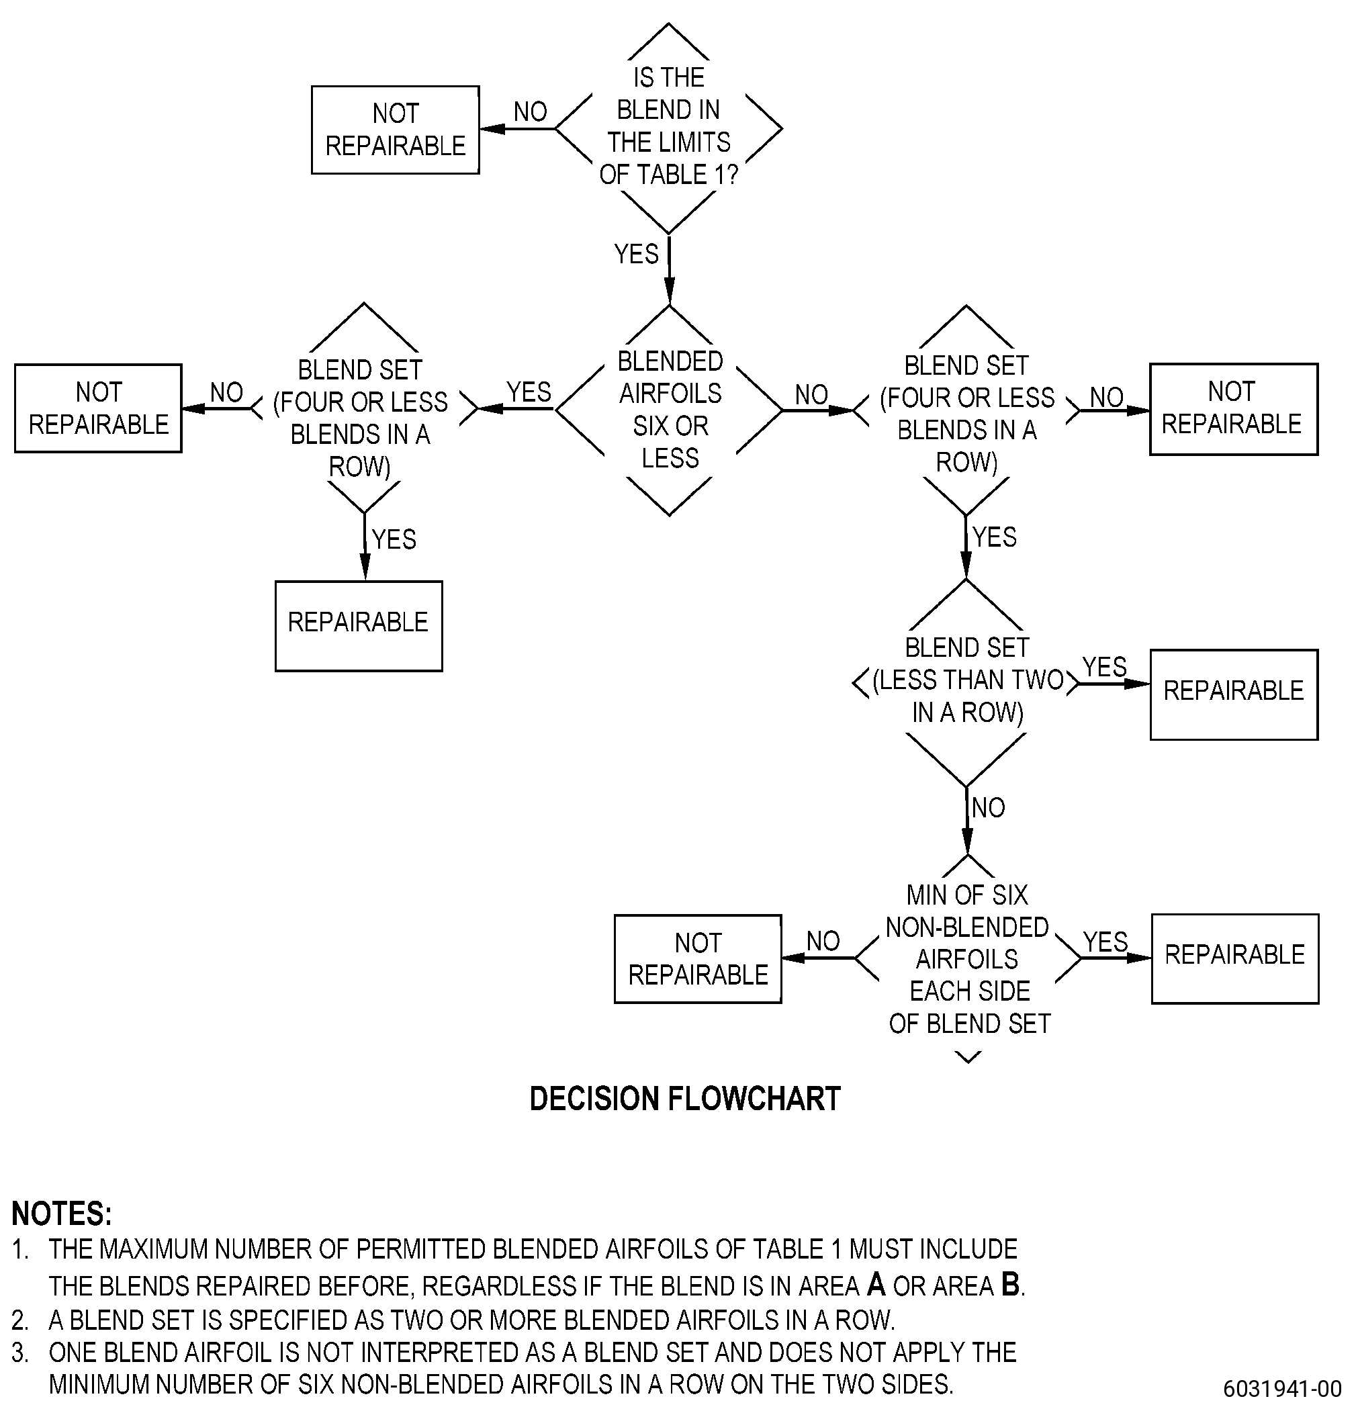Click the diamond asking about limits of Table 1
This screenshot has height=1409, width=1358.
point(668,128)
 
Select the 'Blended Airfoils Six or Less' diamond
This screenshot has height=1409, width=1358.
point(670,410)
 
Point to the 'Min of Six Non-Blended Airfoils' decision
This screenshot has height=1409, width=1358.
point(968,958)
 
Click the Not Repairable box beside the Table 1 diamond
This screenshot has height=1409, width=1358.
point(396,130)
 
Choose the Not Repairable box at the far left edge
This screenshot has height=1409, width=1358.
point(99,408)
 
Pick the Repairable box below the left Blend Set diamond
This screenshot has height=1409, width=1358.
point(359,625)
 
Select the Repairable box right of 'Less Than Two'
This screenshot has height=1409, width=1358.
point(1234,694)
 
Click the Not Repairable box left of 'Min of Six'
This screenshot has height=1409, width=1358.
point(698,958)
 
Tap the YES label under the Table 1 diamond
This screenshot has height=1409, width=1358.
point(636,254)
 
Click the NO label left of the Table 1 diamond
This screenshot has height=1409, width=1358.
point(531,111)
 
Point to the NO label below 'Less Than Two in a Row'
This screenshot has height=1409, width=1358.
point(989,807)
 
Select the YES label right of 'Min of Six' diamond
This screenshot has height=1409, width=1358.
point(1105,942)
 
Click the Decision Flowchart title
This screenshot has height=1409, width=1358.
point(685,1098)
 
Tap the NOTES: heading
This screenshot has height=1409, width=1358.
point(62,1214)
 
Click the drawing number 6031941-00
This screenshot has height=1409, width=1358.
point(1283,1388)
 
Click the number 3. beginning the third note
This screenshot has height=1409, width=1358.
point(20,1352)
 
